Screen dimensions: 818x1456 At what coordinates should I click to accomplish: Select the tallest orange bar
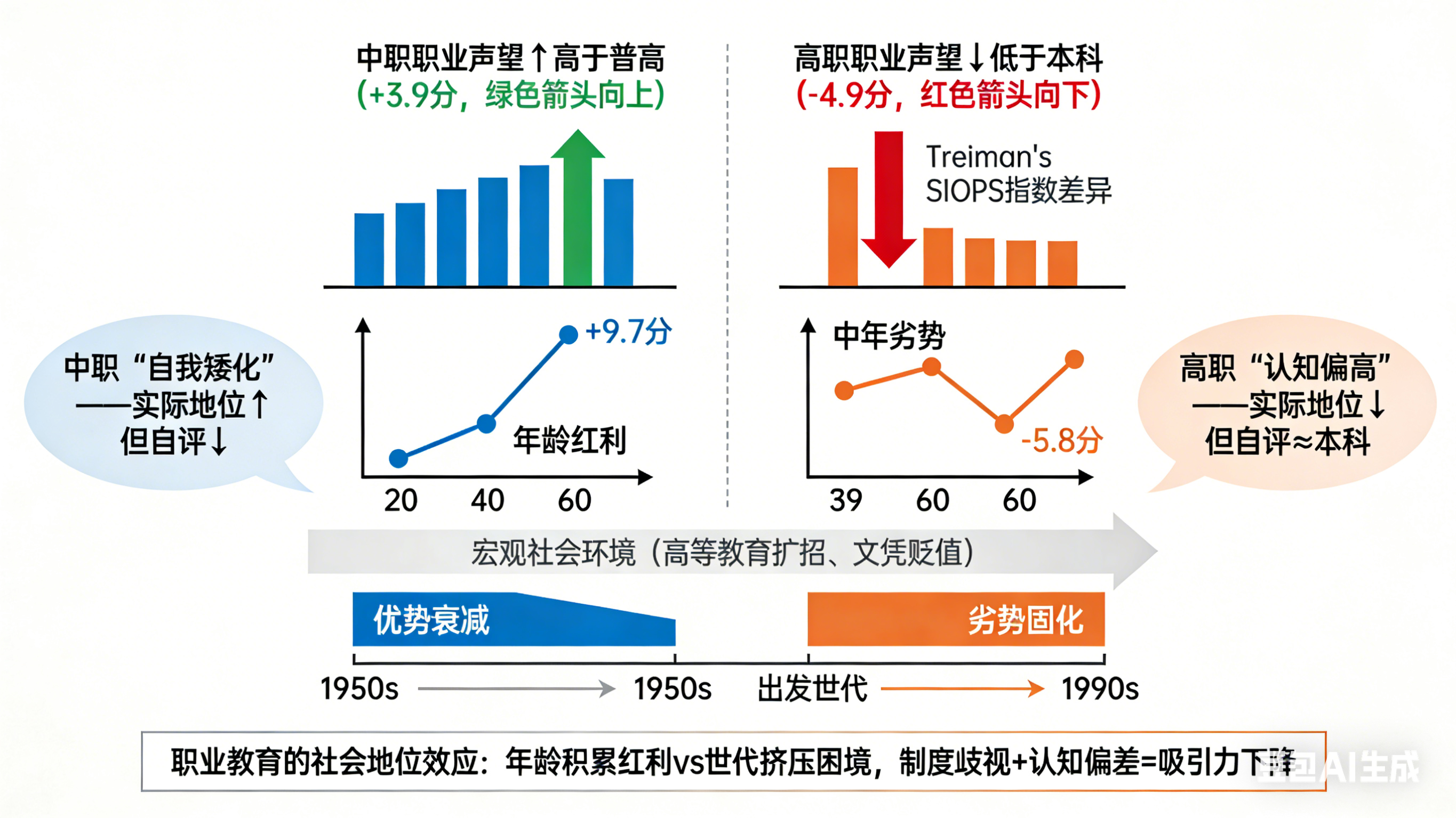(842, 226)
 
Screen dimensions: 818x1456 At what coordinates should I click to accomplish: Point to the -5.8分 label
(1061, 441)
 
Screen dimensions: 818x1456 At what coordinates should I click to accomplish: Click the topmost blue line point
(568, 335)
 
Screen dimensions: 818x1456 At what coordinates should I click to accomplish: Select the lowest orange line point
(1004, 423)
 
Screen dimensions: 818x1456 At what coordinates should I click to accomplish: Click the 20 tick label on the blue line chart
(400, 500)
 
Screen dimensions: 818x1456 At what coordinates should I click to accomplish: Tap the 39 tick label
(845, 500)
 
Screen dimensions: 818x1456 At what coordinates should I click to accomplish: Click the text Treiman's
(988, 157)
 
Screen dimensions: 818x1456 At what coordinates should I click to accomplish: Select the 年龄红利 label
(569, 441)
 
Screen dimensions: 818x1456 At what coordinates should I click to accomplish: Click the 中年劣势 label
(889, 336)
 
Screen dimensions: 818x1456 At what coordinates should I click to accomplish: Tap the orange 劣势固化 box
(955, 619)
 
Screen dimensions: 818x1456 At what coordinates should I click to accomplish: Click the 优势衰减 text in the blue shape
(431, 620)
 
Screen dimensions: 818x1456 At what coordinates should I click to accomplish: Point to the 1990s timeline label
(1100, 689)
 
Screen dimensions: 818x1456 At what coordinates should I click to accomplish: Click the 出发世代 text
(812, 689)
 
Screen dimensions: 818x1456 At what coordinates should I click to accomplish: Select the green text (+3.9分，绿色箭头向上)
(510, 94)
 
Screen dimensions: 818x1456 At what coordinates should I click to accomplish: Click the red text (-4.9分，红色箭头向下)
(948, 94)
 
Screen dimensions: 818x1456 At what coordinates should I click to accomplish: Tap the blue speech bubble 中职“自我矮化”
(170, 403)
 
